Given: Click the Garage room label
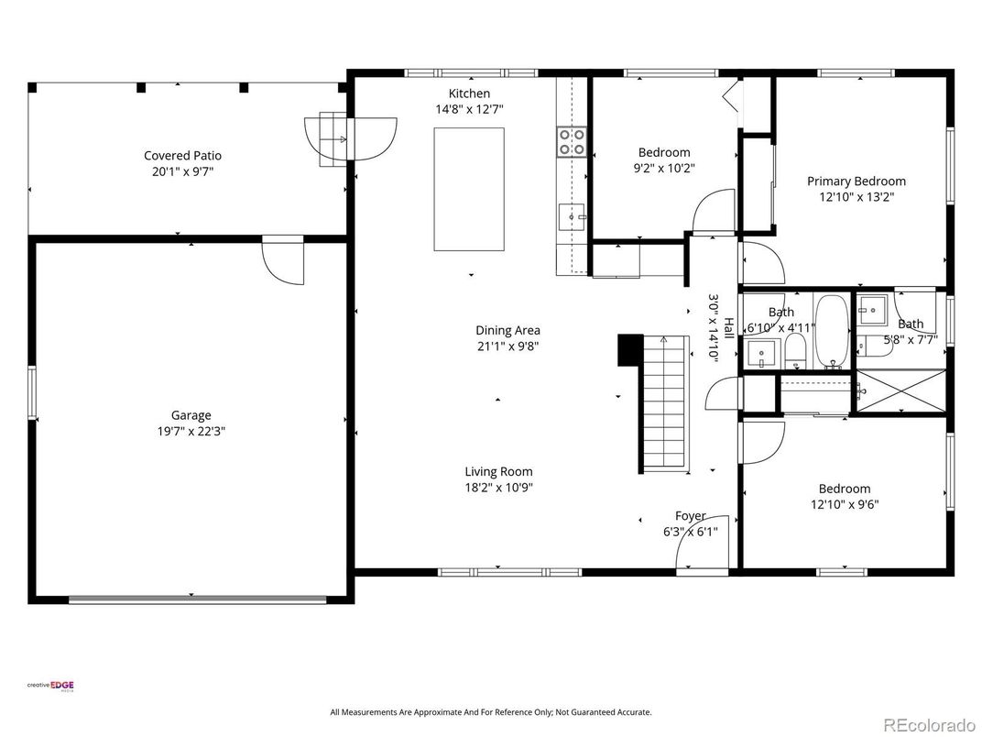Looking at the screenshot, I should tap(191, 415).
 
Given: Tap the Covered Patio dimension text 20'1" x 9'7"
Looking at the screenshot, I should tap(183, 171).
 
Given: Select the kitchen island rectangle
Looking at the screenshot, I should tap(468, 189).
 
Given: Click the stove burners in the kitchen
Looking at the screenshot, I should tap(572, 141).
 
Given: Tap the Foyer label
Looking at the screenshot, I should tap(690, 516).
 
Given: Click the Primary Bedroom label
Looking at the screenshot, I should tap(856, 181).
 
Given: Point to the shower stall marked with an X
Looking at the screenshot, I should tap(900, 391).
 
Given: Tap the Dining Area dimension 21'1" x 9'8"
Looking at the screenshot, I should tap(507, 346).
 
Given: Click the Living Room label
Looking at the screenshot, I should tap(498, 472).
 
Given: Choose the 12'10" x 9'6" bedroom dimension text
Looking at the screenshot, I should tap(844, 504).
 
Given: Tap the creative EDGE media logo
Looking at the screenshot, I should tap(50, 685).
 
